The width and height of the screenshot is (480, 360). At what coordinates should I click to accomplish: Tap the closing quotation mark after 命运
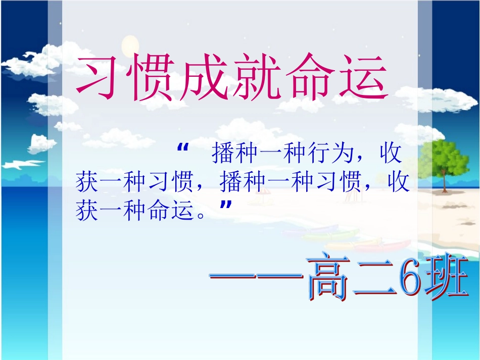click(x=225, y=205)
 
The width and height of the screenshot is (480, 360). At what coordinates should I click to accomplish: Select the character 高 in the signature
click(x=328, y=281)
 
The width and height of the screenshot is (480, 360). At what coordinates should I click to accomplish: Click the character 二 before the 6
click(x=373, y=282)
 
